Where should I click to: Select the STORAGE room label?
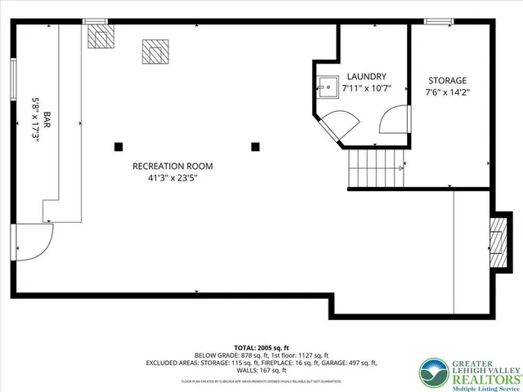(447, 81)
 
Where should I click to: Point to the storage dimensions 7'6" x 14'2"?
(447, 92)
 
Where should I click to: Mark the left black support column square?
(119, 147)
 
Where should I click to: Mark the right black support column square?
(256, 147)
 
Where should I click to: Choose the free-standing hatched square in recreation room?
(154, 51)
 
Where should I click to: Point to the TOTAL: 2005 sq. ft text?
(261, 347)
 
